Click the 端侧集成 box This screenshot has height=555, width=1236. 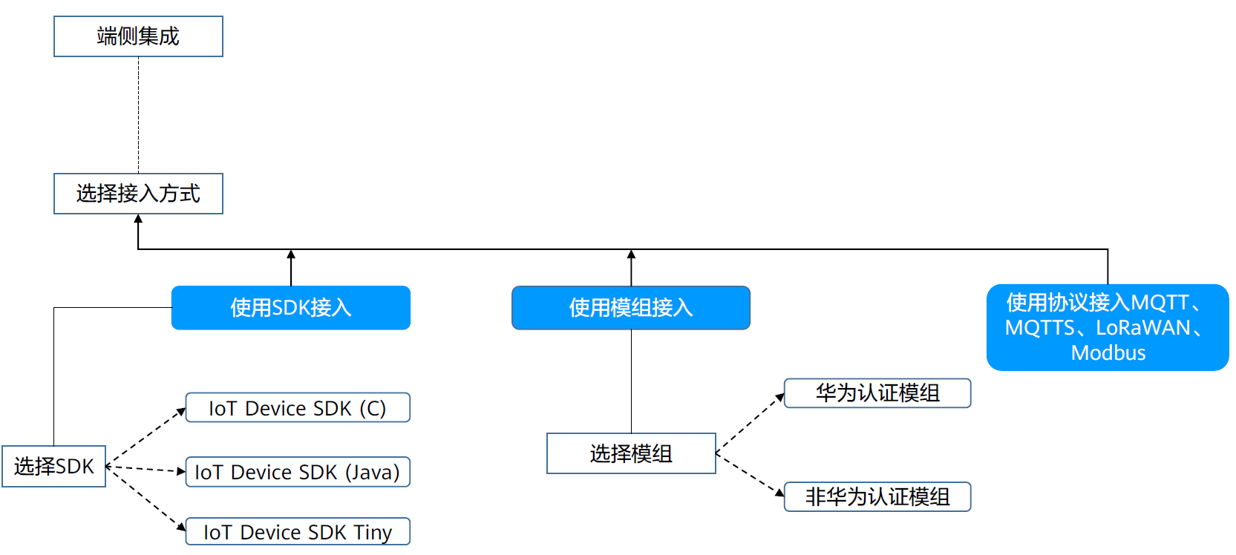138,36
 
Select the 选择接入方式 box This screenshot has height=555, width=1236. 138,194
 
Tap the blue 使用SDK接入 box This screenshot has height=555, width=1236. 290,307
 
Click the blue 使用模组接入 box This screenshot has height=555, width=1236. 630,307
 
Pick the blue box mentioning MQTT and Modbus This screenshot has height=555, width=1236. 1107,327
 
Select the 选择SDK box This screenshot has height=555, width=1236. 53,466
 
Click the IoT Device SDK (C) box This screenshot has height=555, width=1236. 297,408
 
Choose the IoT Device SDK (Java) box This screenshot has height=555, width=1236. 297,472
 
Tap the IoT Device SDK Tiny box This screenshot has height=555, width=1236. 297,531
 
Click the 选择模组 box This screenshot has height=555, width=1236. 630,453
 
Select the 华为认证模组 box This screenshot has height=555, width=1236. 877,393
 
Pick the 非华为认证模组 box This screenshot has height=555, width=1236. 877,496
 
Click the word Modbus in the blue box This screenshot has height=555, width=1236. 1108,353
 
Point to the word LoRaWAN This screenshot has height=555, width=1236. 1142,328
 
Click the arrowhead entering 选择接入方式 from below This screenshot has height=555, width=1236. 138,219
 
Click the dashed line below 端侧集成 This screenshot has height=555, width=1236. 138,115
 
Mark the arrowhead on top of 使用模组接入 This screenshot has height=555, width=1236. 631,254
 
